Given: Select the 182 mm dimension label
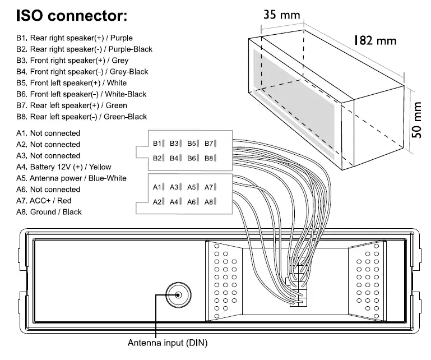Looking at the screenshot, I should (x=374, y=40).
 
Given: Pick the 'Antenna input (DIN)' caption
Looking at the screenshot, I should (x=168, y=342).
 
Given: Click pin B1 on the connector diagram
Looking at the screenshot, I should (x=160, y=144).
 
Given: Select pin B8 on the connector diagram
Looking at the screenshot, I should (x=211, y=159).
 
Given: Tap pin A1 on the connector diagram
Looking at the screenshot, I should (x=160, y=187).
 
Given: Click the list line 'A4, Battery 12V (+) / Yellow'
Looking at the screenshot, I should (x=64, y=167).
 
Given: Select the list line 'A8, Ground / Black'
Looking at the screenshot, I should (x=49, y=211).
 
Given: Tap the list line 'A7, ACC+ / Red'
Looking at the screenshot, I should (x=44, y=200).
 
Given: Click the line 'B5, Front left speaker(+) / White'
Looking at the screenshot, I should (x=71, y=83).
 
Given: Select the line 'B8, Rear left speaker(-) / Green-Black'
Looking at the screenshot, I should (x=81, y=117).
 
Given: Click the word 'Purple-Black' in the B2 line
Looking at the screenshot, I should (x=132, y=49).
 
